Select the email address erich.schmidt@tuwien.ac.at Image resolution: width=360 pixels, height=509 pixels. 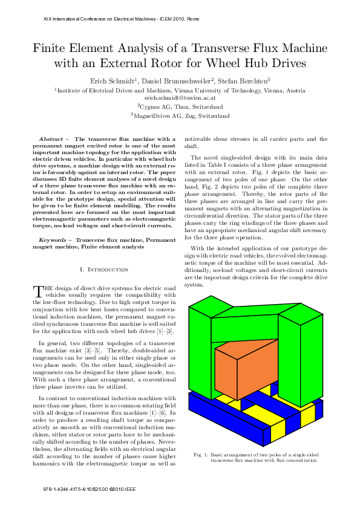click(180, 97)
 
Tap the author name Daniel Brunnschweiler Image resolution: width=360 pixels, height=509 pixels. click(176, 80)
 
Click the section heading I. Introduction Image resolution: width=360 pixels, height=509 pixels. click(104, 269)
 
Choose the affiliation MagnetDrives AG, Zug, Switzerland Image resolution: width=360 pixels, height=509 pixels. click(180, 115)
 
